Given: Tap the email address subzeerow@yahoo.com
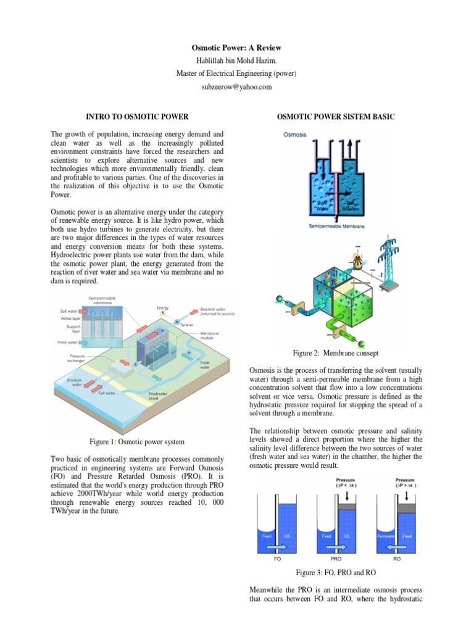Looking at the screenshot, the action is pyautogui.click(x=236, y=87).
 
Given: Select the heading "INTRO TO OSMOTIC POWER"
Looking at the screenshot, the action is pyautogui.click(x=136, y=116).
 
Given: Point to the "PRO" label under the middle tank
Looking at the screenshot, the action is pyautogui.click(x=336, y=558).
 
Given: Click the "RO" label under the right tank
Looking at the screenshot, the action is pyautogui.click(x=397, y=558).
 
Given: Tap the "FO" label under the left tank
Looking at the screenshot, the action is pyautogui.click(x=276, y=558).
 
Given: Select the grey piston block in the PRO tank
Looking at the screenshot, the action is pyautogui.click(x=346, y=504).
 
